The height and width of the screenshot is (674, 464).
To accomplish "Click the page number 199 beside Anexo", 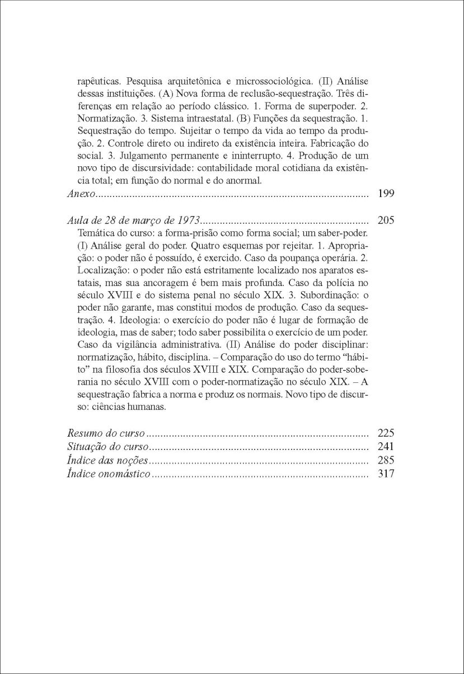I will click(386, 194).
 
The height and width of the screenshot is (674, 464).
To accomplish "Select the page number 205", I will click(386, 220).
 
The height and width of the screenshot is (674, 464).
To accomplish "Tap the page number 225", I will click(386, 433).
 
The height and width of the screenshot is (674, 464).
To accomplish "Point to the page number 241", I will click(386, 447).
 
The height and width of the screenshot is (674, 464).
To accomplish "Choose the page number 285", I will click(386, 461).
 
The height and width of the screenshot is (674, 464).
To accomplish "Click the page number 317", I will click(386, 474).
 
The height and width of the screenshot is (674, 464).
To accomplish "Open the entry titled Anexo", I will click(82, 194).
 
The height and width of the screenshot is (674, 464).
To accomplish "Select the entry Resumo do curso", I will click(106, 433).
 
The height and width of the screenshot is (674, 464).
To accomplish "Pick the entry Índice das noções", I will click(107, 461).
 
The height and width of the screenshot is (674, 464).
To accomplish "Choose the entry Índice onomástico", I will click(109, 474).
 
